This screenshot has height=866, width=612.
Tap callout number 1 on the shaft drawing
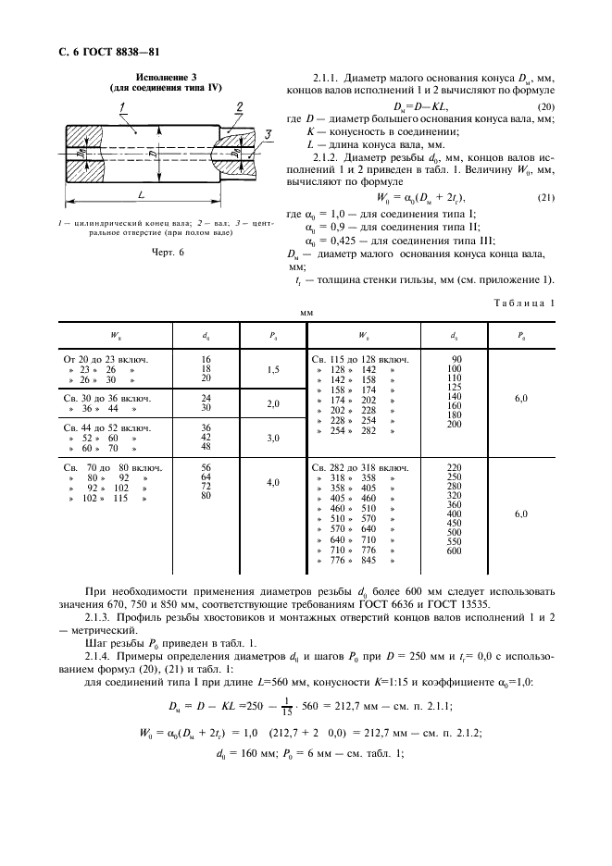121,108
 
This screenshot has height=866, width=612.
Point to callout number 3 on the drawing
268,136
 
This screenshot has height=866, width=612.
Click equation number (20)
545,109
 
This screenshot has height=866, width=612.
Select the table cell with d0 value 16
206,358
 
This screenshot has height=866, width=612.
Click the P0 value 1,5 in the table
272,368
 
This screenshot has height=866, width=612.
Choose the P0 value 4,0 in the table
272,483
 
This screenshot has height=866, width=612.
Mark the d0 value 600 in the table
453,551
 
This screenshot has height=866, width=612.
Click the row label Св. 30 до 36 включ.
106,399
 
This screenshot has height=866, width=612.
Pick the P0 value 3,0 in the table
272,439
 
